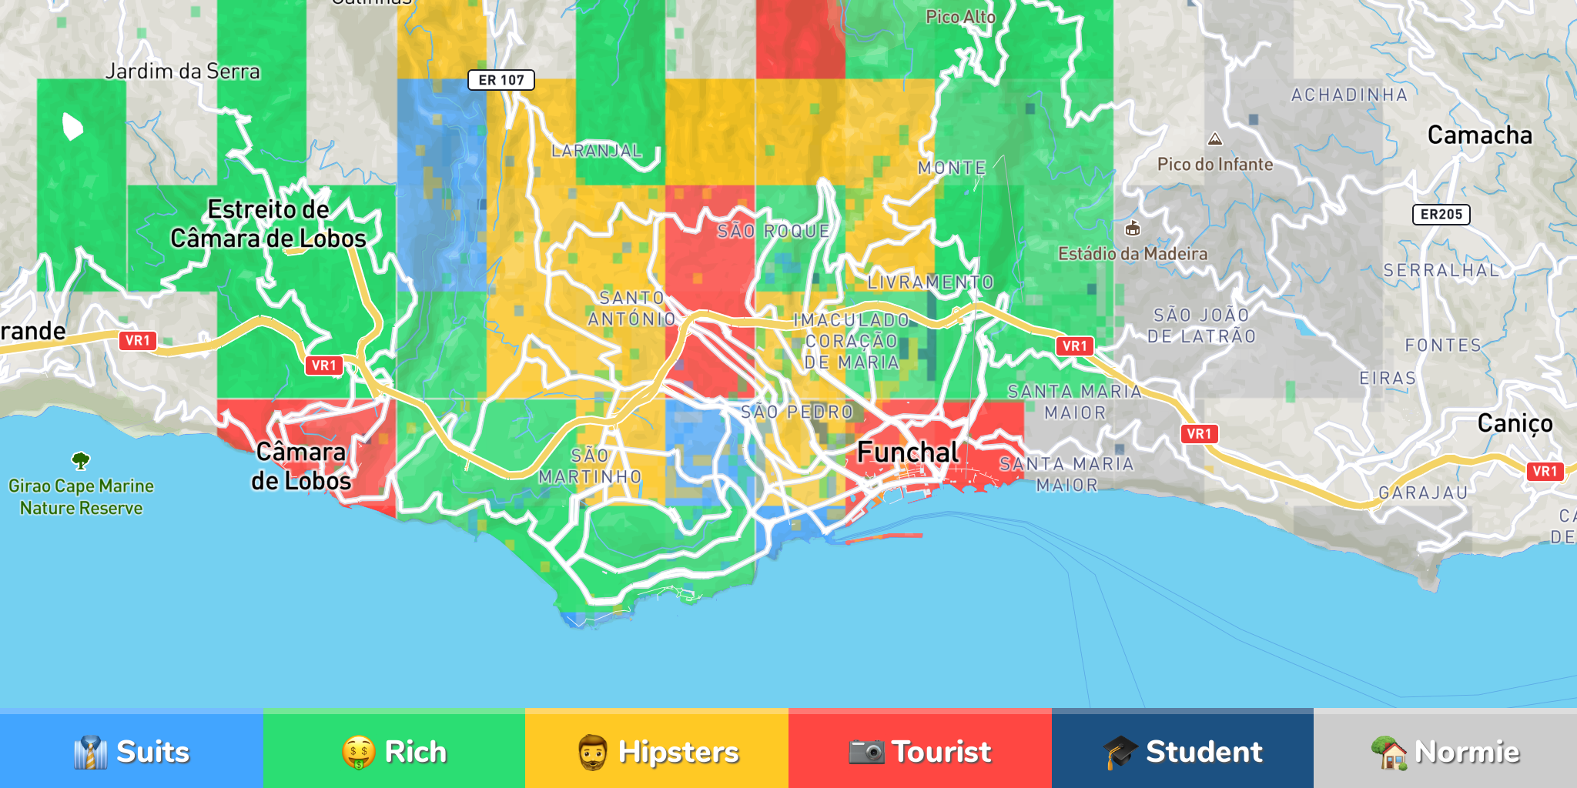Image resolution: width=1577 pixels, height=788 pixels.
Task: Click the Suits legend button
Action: pyautogui.click(x=131, y=750)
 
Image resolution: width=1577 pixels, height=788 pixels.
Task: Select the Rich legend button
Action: pyautogui.click(x=393, y=750)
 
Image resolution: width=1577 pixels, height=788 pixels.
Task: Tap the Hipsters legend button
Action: pyautogui.click(x=657, y=750)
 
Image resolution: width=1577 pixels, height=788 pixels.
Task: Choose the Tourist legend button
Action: pyautogui.click(x=919, y=750)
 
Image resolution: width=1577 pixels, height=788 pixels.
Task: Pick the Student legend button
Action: pyautogui.click(x=1182, y=750)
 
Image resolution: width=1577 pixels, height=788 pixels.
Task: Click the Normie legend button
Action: pyautogui.click(x=1445, y=750)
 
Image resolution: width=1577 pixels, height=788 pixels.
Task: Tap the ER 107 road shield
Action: pyautogui.click(x=501, y=80)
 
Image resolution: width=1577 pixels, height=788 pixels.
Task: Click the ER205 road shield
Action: pyautogui.click(x=1441, y=215)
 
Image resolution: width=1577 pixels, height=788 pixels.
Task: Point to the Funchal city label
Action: pyautogui.click(x=908, y=452)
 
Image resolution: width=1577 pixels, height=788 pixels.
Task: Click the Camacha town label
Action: pyautogui.click(x=1479, y=135)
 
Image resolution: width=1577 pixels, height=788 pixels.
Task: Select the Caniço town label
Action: pyautogui.click(x=1515, y=423)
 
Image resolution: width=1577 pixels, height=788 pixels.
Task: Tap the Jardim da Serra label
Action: pyautogui.click(x=182, y=72)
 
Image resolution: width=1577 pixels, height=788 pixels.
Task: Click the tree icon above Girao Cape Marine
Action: pyautogui.click(x=81, y=461)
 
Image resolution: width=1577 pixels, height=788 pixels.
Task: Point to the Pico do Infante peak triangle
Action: pyautogui.click(x=1215, y=139)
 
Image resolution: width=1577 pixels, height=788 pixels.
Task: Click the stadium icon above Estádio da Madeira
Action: pyautogui.click(x=1133, y=229)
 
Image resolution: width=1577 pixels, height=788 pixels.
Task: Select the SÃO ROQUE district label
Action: pyautogui.click(x=773, y=232)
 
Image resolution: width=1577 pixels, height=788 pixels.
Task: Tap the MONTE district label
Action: pyautogui.click(x=952, y=168)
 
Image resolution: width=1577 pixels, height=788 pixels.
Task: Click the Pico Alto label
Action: pyautogui.click(x=960, y=17)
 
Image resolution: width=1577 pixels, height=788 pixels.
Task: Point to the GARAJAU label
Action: pyautogui.click(x=1423, y=492)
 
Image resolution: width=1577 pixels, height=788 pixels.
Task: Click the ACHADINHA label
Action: pyautogui.click(x=1349, y=95)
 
